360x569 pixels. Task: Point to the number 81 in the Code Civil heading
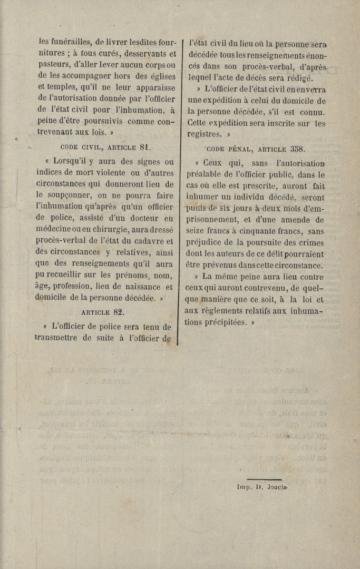coord(145,148)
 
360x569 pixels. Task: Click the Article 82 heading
coord(103,312)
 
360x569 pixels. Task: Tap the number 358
coord(294,149)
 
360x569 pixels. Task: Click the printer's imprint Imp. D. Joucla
coord(262,487)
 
